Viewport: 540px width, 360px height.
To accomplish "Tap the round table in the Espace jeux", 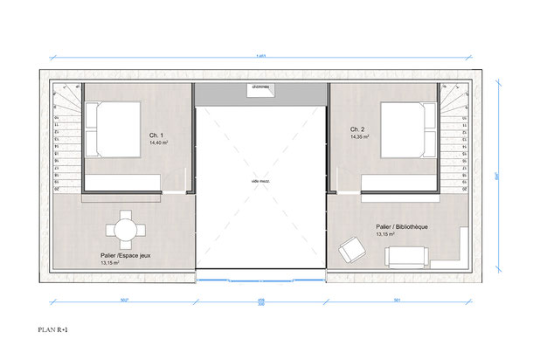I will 123,230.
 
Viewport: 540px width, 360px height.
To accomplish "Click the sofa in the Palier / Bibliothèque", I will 407,255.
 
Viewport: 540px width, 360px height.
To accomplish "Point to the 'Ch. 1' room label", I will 156,135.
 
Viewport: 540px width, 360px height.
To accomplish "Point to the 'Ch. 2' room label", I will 357,129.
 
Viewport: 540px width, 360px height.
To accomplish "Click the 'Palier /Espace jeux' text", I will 124,255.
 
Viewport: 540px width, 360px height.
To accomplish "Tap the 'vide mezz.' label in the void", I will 260,180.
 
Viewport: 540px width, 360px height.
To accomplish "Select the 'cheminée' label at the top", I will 260,87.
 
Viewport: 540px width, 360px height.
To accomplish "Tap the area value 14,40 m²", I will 159,143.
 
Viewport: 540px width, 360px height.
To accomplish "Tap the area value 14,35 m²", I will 358,137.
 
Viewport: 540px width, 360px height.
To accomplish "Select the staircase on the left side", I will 66,140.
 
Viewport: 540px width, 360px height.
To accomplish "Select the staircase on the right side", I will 454,140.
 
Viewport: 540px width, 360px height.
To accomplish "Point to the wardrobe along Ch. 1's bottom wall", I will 122,181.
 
